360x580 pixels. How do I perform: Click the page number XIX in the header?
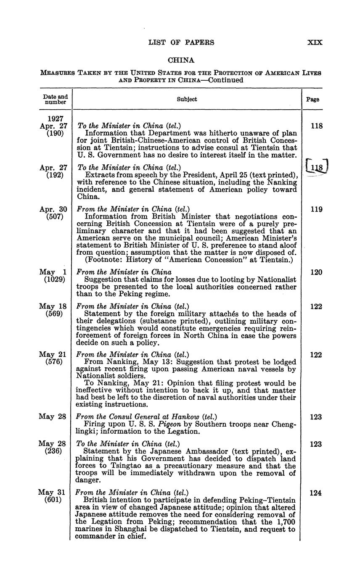315,42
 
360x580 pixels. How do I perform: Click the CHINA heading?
181,61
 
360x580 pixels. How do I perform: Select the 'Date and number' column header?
56,100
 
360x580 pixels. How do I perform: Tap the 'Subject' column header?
187,100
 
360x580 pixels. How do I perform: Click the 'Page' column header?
312,100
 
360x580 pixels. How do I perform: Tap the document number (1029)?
55,279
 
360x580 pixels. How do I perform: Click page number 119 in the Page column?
316,209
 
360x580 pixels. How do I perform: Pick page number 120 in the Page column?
316,272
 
